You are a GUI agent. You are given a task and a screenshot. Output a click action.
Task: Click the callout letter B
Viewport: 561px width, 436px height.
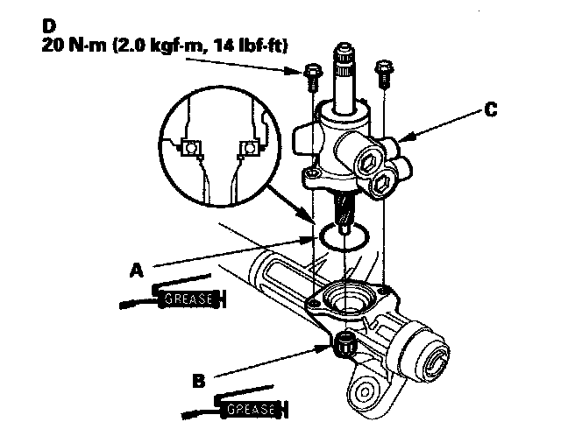coord(200,381)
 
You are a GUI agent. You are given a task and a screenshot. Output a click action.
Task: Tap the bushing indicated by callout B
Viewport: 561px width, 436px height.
coord(344,344)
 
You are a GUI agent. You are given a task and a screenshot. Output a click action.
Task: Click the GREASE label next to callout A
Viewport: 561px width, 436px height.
coord(185,299)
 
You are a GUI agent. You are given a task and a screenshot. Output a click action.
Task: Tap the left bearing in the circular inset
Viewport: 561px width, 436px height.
coord(189,150)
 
